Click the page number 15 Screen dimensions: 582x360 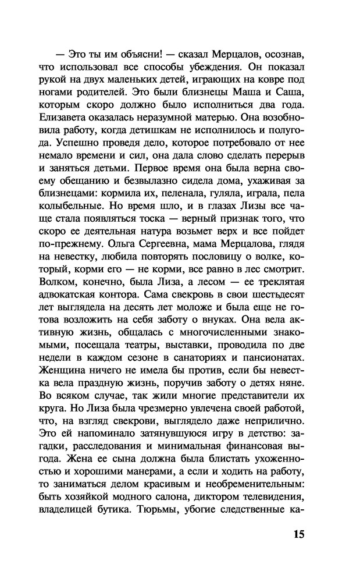(297, 535)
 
